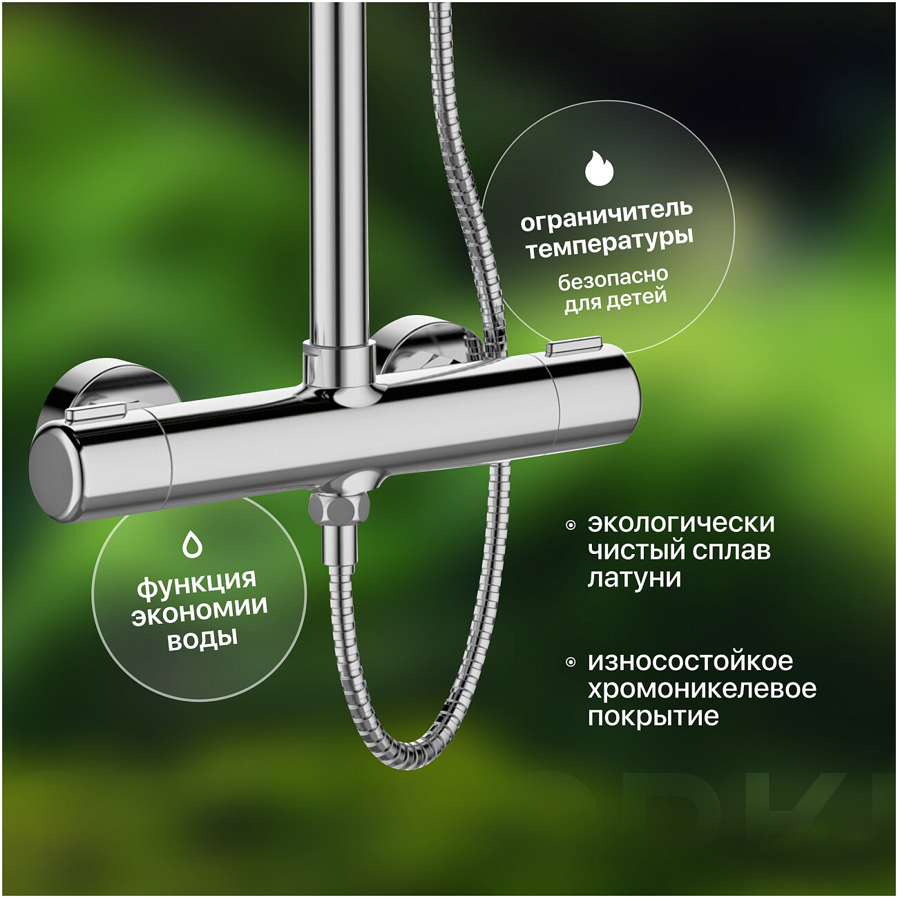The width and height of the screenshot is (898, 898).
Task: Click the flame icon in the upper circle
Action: click(600, 168)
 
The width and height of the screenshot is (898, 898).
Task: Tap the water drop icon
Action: click(192, 544)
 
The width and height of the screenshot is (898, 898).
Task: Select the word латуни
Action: click(634, 578)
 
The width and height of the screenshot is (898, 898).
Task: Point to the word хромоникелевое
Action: click(702, 689)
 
